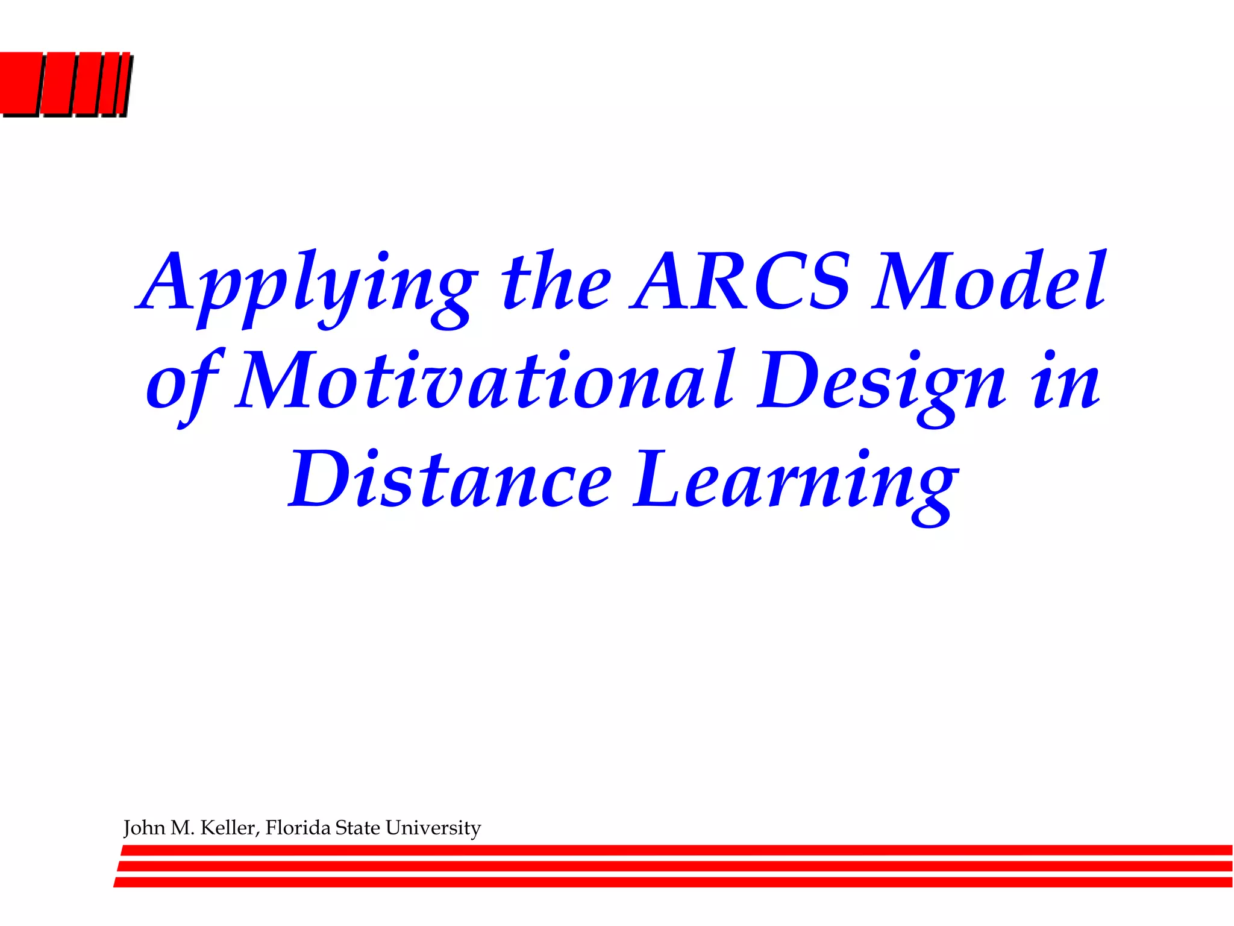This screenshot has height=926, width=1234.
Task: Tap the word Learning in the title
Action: (x=795, y=482)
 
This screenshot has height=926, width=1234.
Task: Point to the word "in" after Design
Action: (x=1066, y=381)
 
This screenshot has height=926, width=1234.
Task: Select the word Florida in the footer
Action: (x=298, y=828)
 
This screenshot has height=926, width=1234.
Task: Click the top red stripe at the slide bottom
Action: (x=675, y=850)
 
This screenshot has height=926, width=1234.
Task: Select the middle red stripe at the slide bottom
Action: (x=675, y=866)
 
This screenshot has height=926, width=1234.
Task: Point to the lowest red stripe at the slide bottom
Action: (x=675, y=883)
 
